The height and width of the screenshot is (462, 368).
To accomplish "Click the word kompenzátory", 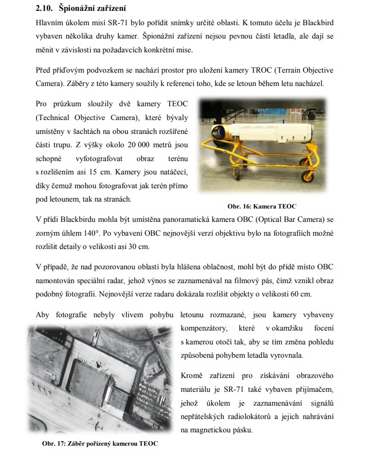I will [204, 328].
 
